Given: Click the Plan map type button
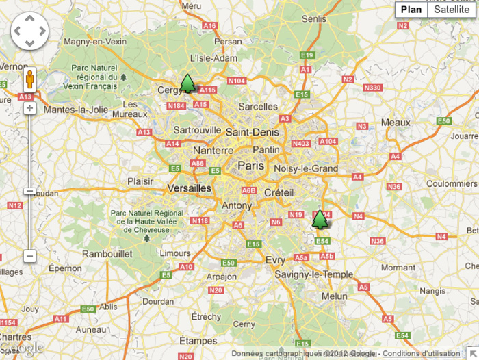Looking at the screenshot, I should pyautogui.click(x=411, y=10).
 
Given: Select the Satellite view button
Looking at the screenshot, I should pyautogui.click(x=452, y=10).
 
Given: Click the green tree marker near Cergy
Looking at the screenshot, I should pyautogui.click(x=187, y=84).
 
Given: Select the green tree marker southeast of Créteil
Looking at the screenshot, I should pyautogui.click(x=320, y=219).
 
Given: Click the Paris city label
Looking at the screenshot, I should pyautogui.click(x=251, y=166).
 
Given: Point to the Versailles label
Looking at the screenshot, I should pyautogui.click(x=190, y=188).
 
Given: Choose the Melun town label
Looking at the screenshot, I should pyautogui.click(x=335, y=296).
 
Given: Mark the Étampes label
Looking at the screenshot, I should pyautogui.click(x=198, y=341).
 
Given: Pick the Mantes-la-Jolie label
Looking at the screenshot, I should pyautogui.click(x=76, y=110).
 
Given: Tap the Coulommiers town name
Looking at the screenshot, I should pyautogui.click(x=451, y=183).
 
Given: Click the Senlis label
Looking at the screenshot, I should pyautogui.click(x=314, y=19).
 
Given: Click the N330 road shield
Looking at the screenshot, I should pyautogui.click(x=372, y=88).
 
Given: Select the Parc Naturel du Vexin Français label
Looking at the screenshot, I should pyautogui.click(x=94, y=77).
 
